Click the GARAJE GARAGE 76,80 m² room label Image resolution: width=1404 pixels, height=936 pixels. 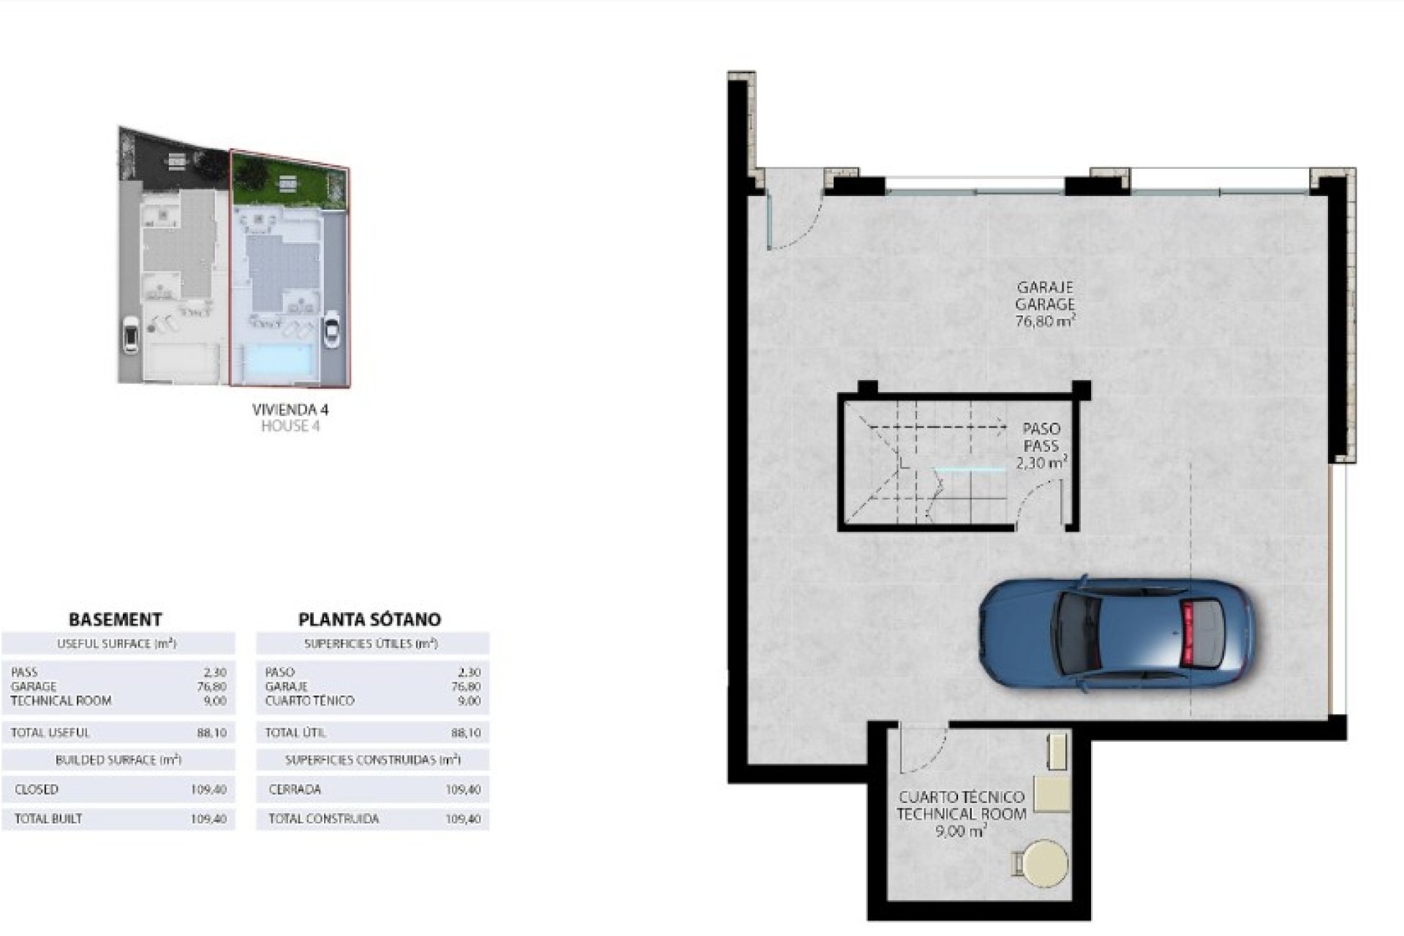click(x=1045, y=304)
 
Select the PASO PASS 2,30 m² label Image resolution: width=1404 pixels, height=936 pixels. click(x=1041, y=445)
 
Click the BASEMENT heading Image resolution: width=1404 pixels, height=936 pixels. click(x=115, y=619)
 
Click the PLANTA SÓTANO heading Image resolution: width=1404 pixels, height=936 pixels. click(x=369, y=619)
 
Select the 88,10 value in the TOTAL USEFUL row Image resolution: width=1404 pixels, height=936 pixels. click(x=211, y=733)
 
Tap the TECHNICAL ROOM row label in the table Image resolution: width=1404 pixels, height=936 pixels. click(x=61, y=701)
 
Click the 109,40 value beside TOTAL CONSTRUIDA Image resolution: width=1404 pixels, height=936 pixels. click(x=463, y=819)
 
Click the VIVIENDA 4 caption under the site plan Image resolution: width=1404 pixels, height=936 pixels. click(x=290, y=409)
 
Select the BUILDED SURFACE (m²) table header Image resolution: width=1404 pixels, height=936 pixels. click(x=118, y=760)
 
